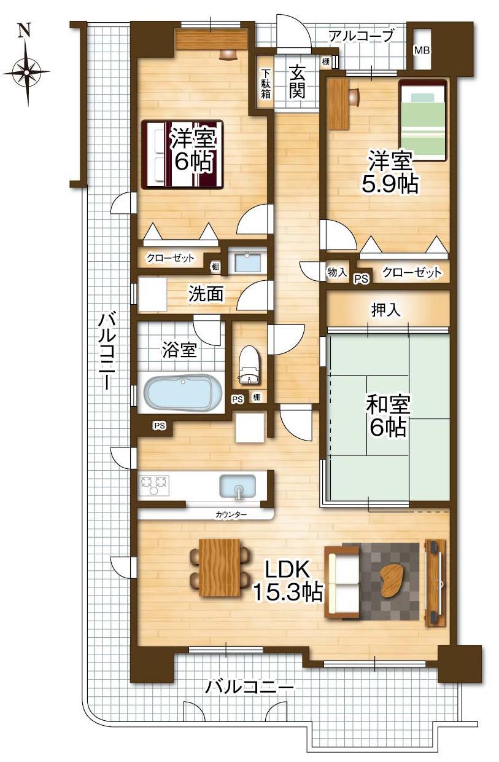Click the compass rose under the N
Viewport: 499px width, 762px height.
[26, 72]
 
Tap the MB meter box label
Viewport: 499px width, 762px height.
[421, 50]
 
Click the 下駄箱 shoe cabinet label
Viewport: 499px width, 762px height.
[266, 84]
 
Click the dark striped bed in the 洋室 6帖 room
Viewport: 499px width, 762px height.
[182, 154]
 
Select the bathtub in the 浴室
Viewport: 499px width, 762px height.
[183, 392]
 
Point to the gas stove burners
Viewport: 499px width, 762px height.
[154, 485]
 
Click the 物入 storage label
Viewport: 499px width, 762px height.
[337, 272]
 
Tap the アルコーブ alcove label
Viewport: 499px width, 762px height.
[361, 36]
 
